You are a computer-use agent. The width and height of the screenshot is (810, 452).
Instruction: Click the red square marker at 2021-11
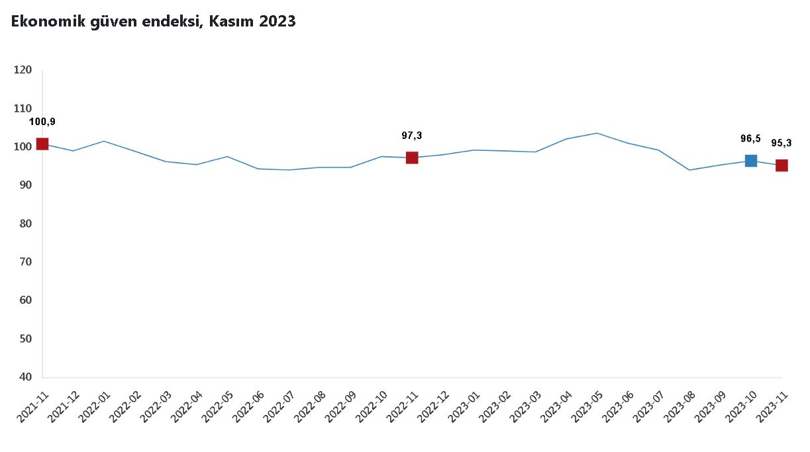click(x=42, y=144)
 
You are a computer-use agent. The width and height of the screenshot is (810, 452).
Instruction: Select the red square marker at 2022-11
click(x=412, y=158)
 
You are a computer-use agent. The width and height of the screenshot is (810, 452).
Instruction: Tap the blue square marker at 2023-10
click(x=750, y=160)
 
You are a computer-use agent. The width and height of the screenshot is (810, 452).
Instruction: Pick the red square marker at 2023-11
click(x=782, y=165)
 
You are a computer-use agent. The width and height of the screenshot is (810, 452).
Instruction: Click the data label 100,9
click(x=42, y=122)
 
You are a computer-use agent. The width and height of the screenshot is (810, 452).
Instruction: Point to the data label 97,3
click(x=412, y=136)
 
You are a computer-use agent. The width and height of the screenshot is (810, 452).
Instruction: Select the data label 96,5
click(x=750, y=138)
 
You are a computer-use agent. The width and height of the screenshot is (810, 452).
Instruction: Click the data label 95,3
click(x=782, y=143)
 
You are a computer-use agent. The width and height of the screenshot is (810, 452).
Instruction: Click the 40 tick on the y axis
click(x=25, y=377)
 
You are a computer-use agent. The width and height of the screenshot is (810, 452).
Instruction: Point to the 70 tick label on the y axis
click(x=25, y=262)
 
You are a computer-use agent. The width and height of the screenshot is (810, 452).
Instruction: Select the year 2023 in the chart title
click(x=278, y=22)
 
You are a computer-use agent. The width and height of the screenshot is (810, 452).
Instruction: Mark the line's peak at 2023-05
click(x=597, y=133)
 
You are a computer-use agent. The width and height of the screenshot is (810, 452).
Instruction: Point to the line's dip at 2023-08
click(x=689, y=170)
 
